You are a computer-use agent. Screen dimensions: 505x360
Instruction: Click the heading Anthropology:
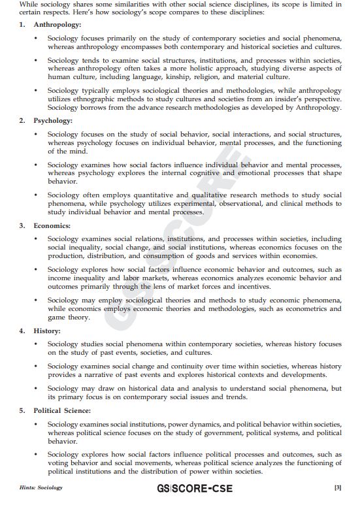click(57, 24)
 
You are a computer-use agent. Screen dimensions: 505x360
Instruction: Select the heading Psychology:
click(52, 120)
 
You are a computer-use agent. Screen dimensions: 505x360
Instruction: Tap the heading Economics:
click(52, 225)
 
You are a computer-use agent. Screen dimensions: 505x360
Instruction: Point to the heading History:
click(47, 331)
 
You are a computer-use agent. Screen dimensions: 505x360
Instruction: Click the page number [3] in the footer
click(338, 487)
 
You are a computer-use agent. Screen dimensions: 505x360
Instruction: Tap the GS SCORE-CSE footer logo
click(194, 488)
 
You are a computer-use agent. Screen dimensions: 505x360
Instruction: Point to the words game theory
click(69, 318)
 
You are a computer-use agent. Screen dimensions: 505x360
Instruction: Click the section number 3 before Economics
click(22, 225)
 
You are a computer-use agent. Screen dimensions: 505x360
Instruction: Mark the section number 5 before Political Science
click(22, 410)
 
